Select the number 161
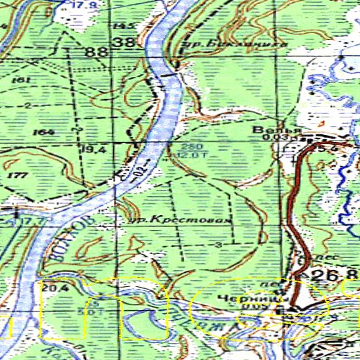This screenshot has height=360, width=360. pyautogui.click(x=22, y=81)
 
